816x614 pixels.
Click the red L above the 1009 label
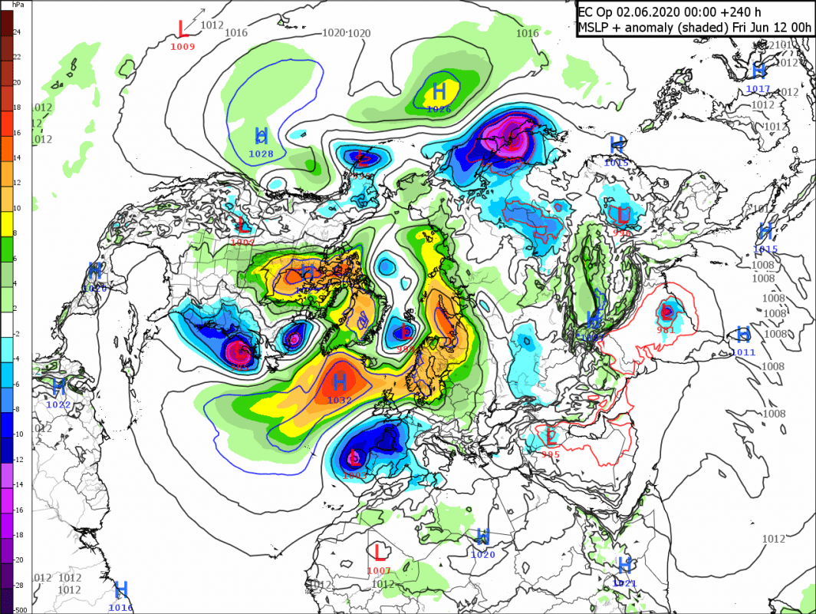click(x=182, y=29)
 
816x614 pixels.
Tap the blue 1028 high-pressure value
click(x=261, y=154)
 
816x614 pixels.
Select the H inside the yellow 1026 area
click(x=439, y=92)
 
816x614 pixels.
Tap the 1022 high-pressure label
click(x=58, y=404)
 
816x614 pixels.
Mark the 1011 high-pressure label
click(x=743, y=352)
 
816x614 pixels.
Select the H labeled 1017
click(x=758, y=71)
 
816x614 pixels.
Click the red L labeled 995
click(x=551, y=437)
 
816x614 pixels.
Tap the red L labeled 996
click(x=622, y=214)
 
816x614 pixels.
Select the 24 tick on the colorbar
click(x=17, y=32)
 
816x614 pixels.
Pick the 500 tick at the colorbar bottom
click(x=18, y=609)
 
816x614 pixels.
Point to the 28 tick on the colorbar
click(x=17, y=585)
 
